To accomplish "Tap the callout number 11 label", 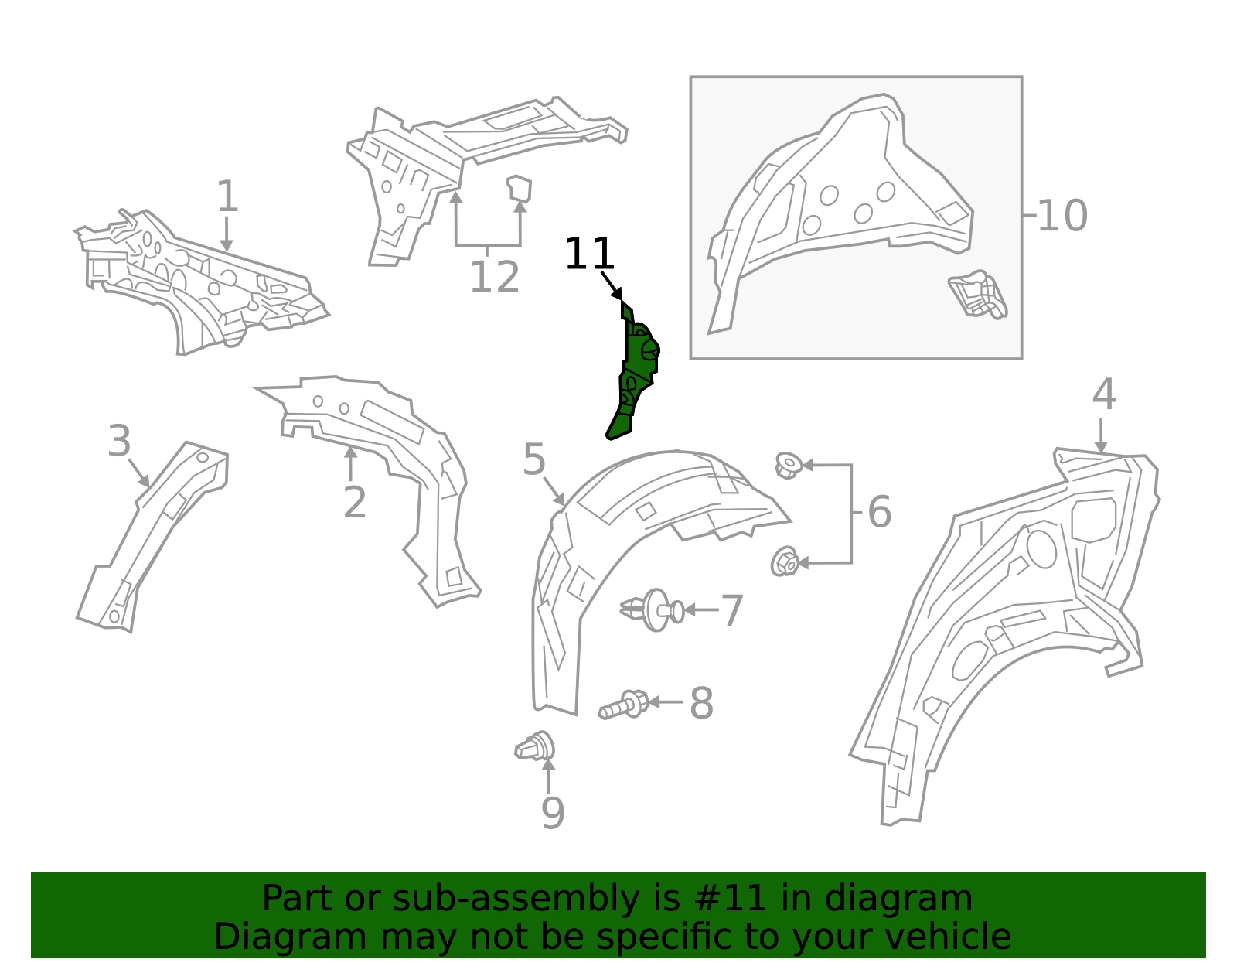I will click(589, 254).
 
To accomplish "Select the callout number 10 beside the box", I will click(1062, 216).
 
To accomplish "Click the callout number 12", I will click(494, 278).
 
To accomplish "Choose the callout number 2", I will click(354, 503).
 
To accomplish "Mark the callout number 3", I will click(119, 442).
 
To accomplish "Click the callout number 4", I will click(1103, 395).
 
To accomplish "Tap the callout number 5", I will click(534, 460).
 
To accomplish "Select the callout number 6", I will click(879, 512).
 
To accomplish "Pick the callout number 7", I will click(731, 611).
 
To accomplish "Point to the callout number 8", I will click(701, 704).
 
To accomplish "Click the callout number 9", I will click(552, 813).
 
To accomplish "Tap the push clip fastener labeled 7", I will click(654, 610).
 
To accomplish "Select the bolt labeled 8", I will click(623, 705).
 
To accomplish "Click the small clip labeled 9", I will click(536, 747).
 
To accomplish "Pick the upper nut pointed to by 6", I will click(788, 466).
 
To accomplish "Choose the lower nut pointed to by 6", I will click(785, 562).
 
